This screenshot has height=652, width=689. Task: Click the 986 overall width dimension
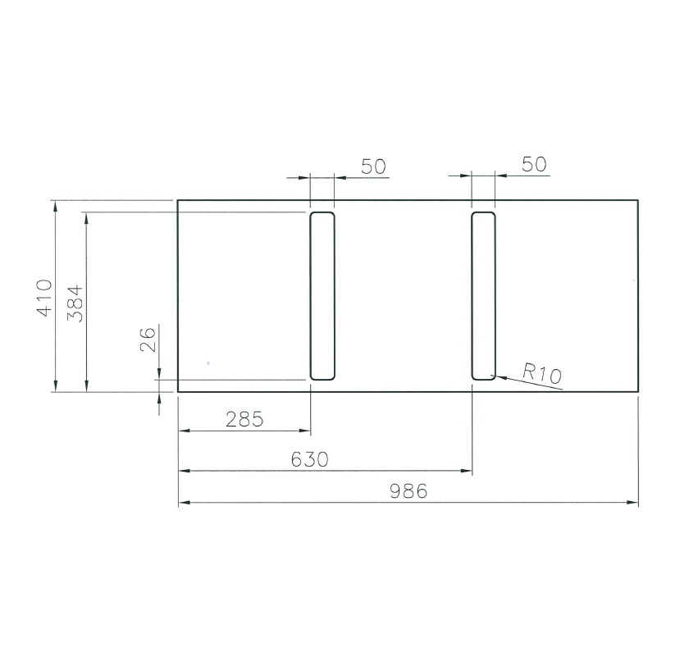coord(408,491)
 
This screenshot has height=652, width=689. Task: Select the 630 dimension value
coord(310,460)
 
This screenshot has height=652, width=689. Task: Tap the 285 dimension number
coord(244,420)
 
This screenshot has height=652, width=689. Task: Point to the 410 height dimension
coord(43,297)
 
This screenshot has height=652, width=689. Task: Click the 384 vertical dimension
coord(75,303)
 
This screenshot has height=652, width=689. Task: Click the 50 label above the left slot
coord(374,166)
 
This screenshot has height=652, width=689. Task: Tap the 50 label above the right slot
coord(534,164)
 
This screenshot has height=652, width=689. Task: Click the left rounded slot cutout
coord(322,296)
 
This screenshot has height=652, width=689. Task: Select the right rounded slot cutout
coord(484,296)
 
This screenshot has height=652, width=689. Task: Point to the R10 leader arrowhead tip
coord(491,376)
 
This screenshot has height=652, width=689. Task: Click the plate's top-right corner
coord(638,200)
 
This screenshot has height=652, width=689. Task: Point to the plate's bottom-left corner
coord(178,392)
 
